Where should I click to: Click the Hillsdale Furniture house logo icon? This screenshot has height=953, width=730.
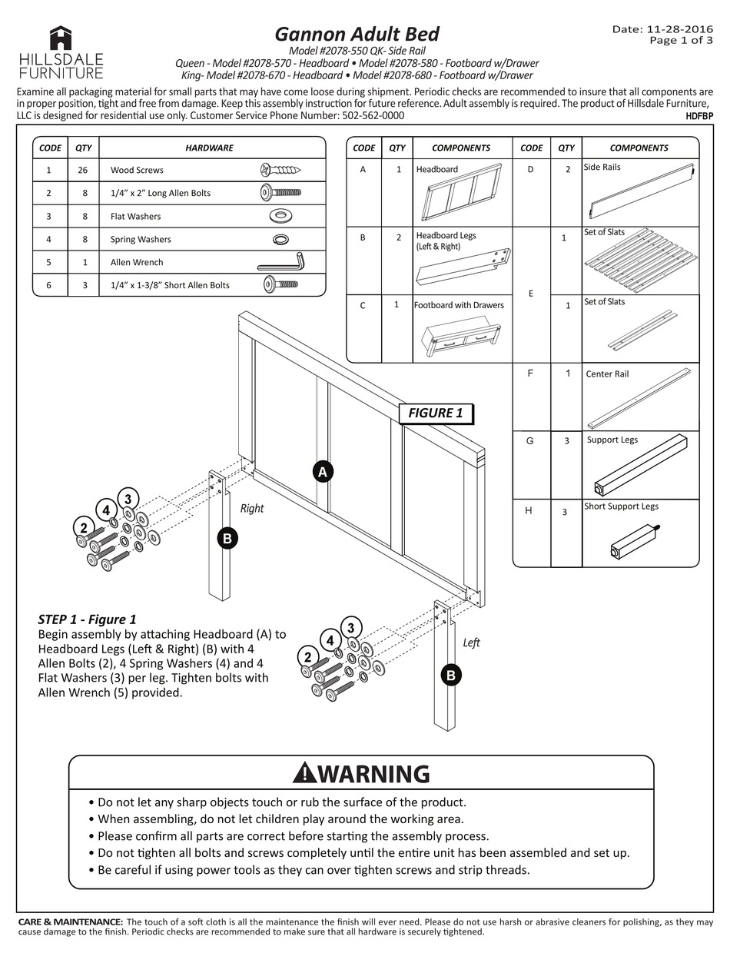click(61, 38)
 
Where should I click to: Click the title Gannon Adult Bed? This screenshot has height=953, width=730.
click(357, 35)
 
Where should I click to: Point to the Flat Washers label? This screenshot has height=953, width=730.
click(135, 216)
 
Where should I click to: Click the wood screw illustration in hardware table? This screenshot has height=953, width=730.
click(280, 170)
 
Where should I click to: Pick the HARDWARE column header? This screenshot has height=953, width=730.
click(209, 148)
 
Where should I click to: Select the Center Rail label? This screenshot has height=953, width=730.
click(607, 374)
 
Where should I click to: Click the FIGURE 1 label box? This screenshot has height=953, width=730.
click(435, 413)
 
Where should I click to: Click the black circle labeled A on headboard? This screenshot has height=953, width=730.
click(323, 472)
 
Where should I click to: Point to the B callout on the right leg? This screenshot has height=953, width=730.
click(227, 538)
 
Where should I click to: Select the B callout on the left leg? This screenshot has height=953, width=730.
click(451, 676)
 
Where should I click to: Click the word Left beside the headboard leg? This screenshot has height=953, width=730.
click(471, 643)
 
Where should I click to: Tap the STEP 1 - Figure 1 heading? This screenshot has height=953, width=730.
click(87, 619)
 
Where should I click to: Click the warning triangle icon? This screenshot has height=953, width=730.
click(304, 772)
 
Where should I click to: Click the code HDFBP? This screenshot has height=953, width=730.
click(698, 117)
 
